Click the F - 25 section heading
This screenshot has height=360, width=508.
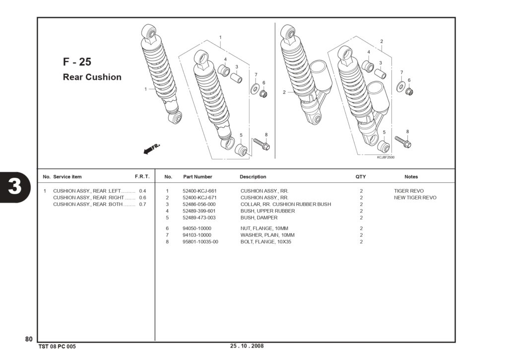coord(77,62)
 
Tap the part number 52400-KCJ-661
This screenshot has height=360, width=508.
coord(199,191)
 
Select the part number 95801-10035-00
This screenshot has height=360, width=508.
coord(200,242)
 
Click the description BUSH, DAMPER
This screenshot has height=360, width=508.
coord(259,217)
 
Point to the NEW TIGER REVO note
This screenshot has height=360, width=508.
coord(415,198)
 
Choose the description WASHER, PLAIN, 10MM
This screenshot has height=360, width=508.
coord(267,235)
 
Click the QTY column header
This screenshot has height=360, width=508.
coord(361,177)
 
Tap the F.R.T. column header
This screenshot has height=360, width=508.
coord(142,177)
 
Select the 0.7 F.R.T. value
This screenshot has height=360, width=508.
coord(142,204)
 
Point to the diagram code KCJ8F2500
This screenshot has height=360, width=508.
coord(385,157)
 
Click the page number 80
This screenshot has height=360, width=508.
coord(29,339)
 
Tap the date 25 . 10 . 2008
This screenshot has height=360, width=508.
coord(247,346)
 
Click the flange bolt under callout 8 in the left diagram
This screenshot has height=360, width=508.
coord(262,144)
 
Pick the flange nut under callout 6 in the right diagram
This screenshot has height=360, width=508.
coord(409,91)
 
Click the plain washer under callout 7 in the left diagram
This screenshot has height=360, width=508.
coord(255,88)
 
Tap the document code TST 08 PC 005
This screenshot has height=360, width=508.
coord(57,347)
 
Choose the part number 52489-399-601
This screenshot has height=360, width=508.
coord(199,211)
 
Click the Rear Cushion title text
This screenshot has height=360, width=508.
coord(92,77)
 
